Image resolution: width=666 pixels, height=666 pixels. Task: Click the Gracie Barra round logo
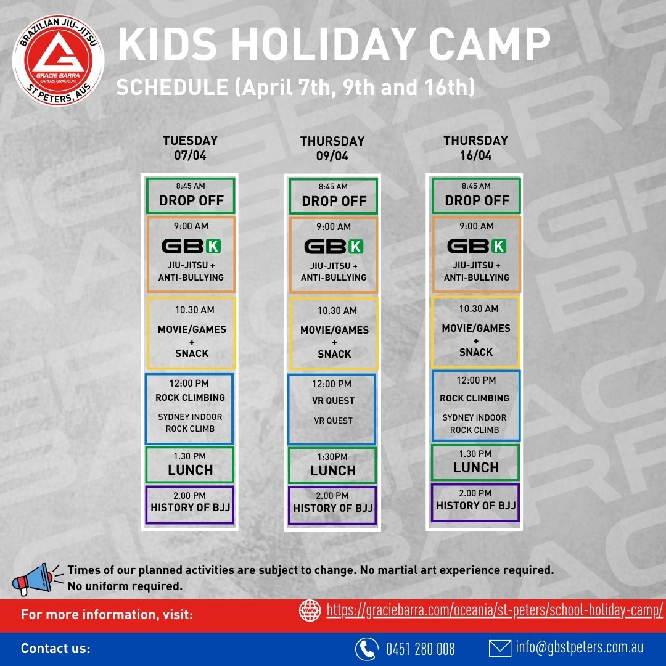(59, 59)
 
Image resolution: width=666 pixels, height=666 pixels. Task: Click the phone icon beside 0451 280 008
(366, 649)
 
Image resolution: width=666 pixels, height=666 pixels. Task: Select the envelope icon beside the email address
(499, 648)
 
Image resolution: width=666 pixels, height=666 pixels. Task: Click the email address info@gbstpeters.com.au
(580, 648)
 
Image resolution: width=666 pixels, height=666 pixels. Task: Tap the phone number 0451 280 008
(421, 649)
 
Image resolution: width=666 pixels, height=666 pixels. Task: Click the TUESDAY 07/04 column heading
(190, 148)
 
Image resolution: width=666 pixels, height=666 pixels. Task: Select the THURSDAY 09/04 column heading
(332, 149)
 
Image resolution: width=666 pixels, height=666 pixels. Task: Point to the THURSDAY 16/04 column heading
(475, 148)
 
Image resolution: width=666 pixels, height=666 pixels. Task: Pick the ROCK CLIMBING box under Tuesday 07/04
(189, 408)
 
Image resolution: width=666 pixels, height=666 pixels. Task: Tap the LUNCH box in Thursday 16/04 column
(475, 462)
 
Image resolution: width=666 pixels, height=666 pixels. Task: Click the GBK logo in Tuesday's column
(191, 246)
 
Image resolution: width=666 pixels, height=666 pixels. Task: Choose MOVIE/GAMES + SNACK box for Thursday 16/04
(475, 332)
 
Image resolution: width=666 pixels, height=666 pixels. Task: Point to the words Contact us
(55, 649)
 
